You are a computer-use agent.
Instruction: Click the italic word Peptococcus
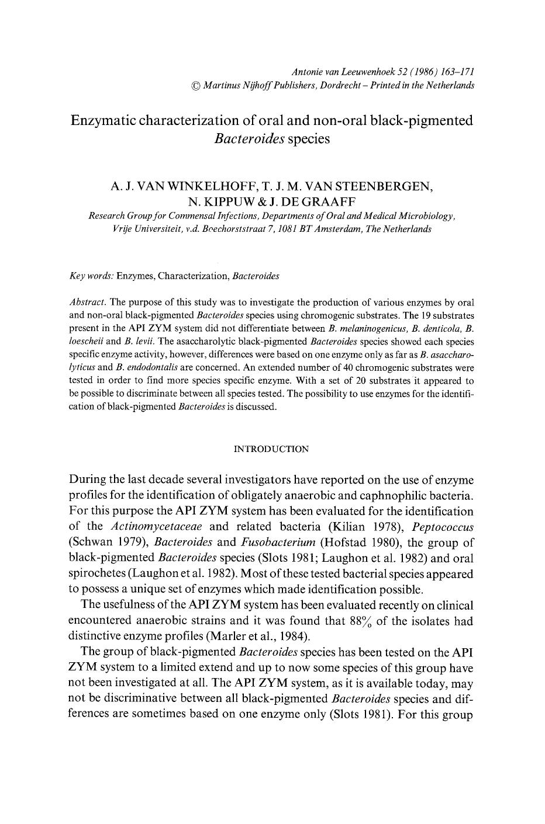447,526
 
